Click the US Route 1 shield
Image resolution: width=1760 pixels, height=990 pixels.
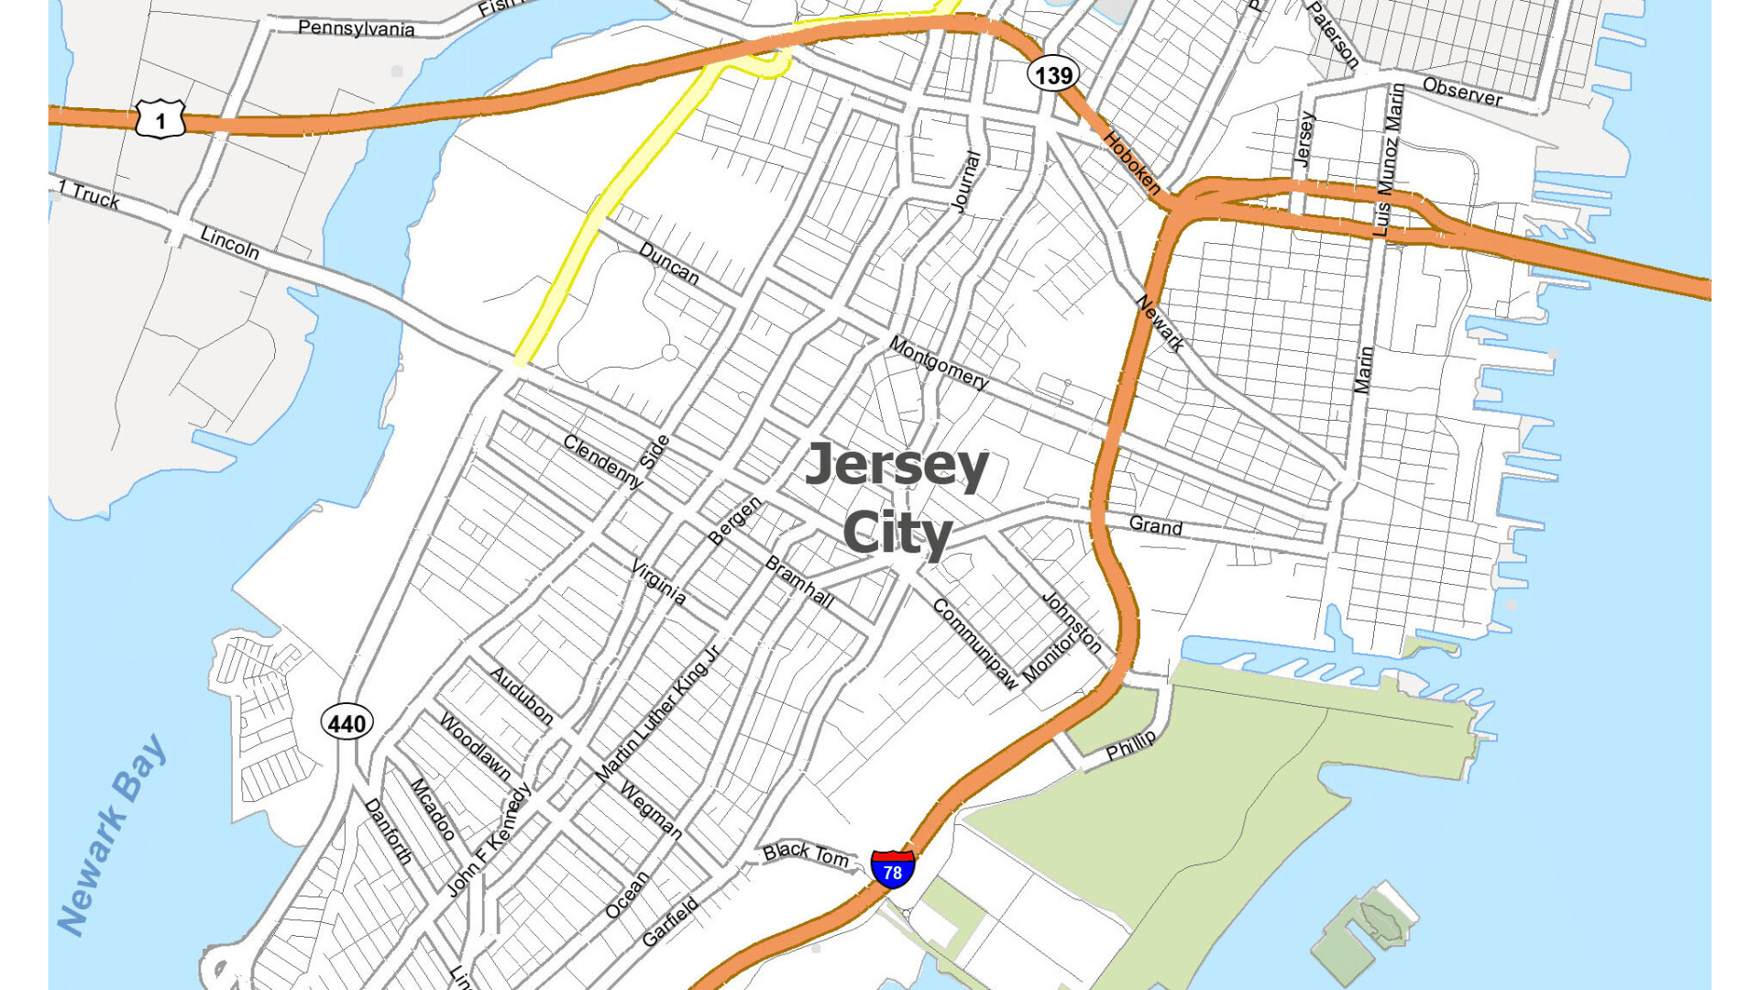pyautogui.click(x=160, y=119)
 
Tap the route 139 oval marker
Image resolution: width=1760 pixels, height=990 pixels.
pyautogui.click(x=1052, y=75)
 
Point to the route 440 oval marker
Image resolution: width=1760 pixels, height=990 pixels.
pyautogui.click(x=346, y=723)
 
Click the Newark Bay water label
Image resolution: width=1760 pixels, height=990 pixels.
pyautogui.click(x=112, y=834)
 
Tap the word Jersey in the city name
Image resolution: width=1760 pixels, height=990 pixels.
pyautogui.click(x=896, y=466)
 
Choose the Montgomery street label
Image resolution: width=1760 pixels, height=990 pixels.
pyautogui.click(x=938, y=363)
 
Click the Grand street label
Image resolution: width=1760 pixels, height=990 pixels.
pyautogui.click(x=1155, y=525)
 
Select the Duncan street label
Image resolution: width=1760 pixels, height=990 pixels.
pyautogui.click(x=668, y=263)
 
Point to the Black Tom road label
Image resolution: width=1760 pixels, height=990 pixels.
pyautogui.click(x=806, y=853)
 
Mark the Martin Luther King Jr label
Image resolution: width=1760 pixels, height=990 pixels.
pyautogui.click(x=657, y=714)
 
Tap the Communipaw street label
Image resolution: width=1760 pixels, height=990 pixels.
pyautogui.click(x=975, y=643)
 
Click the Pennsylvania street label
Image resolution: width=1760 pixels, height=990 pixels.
pyautogui.click(x=356, y=28)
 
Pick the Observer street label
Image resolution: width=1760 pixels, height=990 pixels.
pyautogui.click(x=1462, y=92)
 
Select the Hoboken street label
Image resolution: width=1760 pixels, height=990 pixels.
pyautogui.click(x=1132, y=163)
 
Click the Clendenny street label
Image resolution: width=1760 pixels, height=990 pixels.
pyautogui.click(x=602, y=460)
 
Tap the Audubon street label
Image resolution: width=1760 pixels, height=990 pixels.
pyautogui.click(x=522, y=696)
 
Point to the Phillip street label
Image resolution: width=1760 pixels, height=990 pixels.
pyautogui.click(x=1131, y=745)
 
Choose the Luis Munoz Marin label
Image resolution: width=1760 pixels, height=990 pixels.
pyautogui.click(x=1388, y=159)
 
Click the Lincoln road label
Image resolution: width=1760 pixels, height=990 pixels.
pyautogui.click(x=229, y=243)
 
